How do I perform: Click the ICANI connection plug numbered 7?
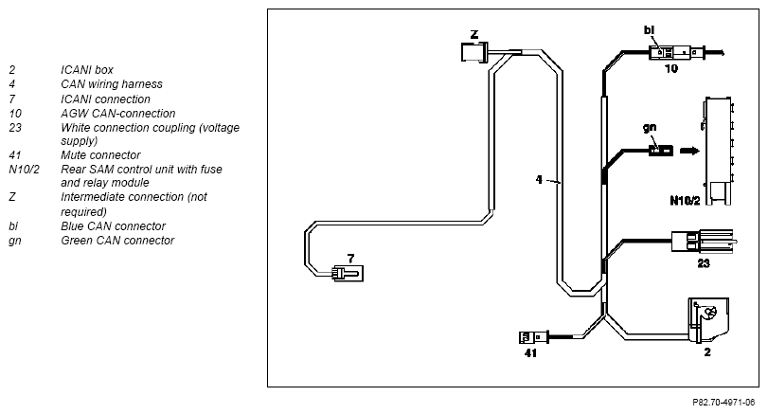click(348, 274)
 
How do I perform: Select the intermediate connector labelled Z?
click(474, 52)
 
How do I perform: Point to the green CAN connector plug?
click(661, 151)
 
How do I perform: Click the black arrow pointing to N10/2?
click(689, 151)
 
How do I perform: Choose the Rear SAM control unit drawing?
click(718, 151)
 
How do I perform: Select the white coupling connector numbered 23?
click(703, 241)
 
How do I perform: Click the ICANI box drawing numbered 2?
click(708, 319)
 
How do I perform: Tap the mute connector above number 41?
click(533, 337)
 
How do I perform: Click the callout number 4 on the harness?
click(539, 180)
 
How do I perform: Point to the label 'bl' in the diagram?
click(649, 30)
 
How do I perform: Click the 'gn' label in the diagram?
click(650, 127)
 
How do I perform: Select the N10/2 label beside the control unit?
click(685, 201)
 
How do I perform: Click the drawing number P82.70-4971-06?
click(723, 403)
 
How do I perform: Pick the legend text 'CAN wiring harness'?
click(112, 84)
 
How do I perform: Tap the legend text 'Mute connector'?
click(100, 155)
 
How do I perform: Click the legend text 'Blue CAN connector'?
click(113, 226)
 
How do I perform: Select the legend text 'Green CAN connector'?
click(117, 241)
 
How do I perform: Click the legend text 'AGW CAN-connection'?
click(118, 114)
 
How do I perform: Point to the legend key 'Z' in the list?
click(12, 197)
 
